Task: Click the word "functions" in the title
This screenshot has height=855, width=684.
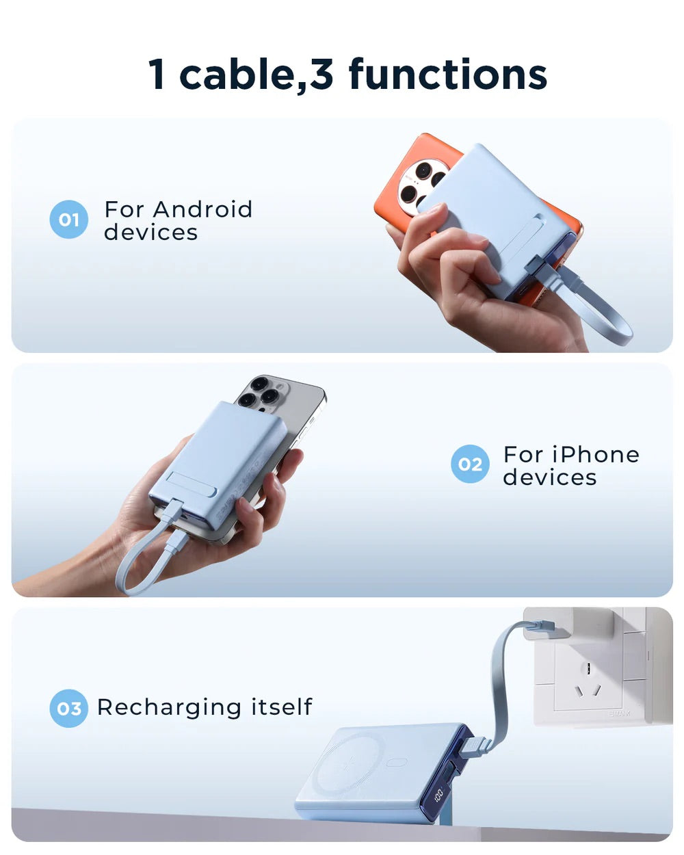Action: click(x=448, y=74)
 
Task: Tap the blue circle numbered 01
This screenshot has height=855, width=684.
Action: click(x=68, y=220)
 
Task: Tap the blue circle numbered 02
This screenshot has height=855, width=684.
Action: click(x=470, y=464)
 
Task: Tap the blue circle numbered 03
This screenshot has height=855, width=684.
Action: click(x=68, y=708)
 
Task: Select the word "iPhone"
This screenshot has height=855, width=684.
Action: click(x=595, y=454)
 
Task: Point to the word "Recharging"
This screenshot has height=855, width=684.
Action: click(x=169, y=707)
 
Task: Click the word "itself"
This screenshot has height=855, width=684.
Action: click(x=282, y=707)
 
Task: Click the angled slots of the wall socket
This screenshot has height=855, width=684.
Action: click(x=588, y=691)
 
